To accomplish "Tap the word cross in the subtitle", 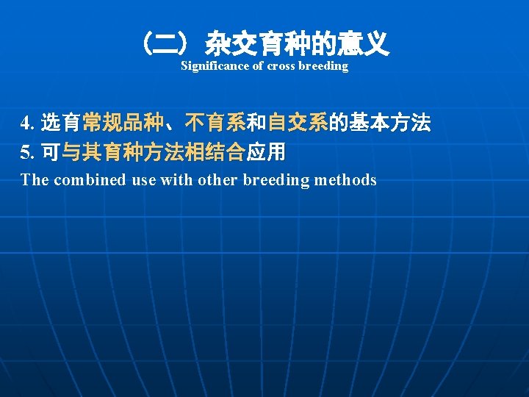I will tap(281, 66).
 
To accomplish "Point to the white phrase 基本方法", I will tap(390, 123).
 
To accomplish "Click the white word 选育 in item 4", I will tap(61, 123).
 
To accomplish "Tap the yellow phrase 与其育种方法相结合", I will tap(154, 152).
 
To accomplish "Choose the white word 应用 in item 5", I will tap(266, 152).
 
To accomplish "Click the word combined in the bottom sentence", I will tap(88, 180).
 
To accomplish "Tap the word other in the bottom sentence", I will tap(217, 180).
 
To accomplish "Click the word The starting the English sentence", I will tap(34, 180).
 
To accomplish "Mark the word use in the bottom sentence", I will tap(144, 180).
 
